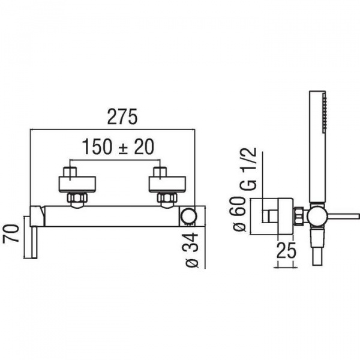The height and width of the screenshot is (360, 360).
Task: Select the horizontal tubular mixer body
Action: pos(114,215)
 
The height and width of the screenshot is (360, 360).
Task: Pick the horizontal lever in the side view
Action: pos(342,214)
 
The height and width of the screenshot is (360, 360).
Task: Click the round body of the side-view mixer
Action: pos(316,215)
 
